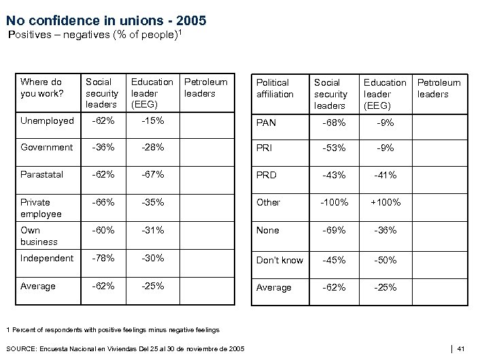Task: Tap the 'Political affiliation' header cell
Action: [275, 88]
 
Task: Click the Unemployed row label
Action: [47, 120]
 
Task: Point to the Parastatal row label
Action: [41, 174]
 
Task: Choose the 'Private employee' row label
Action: [41, 208]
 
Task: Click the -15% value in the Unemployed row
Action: [152, 120]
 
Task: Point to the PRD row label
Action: [267, 175]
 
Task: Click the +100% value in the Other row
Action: [385, 202]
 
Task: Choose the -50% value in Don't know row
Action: [385, 260]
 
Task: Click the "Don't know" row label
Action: [279, 260]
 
